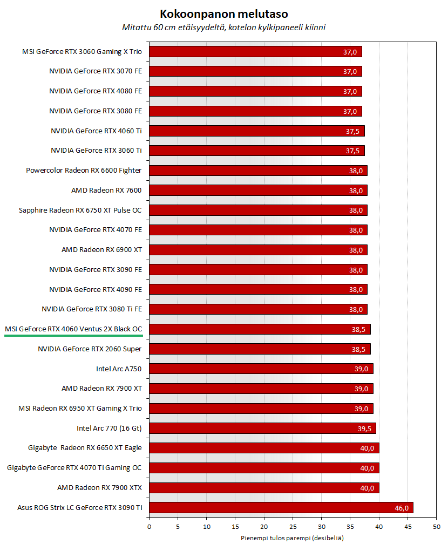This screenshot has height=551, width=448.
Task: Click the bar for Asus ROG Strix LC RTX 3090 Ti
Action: [x=281, y=508]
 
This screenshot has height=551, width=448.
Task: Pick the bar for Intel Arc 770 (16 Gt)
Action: [x=262, y=428]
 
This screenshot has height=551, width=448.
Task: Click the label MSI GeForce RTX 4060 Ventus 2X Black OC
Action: [x=73, y=329]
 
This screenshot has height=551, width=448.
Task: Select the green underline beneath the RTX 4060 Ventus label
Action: [x=73, y=335]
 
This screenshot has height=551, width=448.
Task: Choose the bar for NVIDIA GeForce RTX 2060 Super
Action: [x=259, y=349]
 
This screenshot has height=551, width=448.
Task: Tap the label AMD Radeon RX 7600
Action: [x=106, y=190]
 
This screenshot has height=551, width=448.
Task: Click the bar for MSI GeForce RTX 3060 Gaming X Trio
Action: [x=255, y=52]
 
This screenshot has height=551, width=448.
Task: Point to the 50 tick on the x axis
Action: [x=436, y=526]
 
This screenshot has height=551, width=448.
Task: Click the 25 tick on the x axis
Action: [x=293, y=526]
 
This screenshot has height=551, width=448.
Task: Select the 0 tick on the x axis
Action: [x=149, y=526]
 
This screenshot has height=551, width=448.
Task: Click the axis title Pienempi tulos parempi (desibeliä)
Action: [x=292, y=538]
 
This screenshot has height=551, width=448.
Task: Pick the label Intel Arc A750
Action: [x=119, y=369]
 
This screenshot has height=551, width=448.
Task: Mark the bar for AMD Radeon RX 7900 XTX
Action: [x=263, y=488]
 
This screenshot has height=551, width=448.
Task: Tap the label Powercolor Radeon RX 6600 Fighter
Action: [x=84, y=170]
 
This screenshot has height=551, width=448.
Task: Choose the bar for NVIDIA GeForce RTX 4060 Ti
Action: [x=256, y=131]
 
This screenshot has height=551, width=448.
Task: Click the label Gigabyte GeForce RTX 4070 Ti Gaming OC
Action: [x=74, y=468]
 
